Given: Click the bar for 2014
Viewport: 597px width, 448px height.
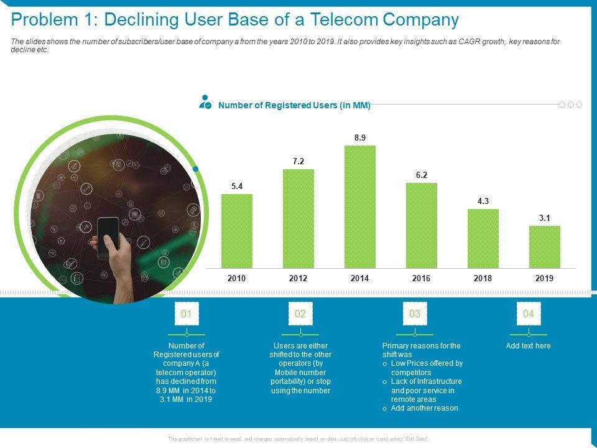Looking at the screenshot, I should pos(360,207).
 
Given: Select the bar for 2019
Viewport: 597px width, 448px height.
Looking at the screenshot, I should pos(544,246).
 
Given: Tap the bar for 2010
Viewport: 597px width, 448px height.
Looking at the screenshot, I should pos(237,231).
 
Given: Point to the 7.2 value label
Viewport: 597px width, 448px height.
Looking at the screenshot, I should pos(298,161).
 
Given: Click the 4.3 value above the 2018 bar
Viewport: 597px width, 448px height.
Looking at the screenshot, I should pos(483,201).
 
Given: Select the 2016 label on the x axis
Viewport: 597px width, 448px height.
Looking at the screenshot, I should pos(421,279).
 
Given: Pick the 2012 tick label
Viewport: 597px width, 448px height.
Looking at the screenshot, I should pos(298,279).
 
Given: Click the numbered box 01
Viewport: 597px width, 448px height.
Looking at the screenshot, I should pos(187,314).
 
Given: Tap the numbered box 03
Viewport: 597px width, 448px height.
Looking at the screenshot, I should pos(415,314).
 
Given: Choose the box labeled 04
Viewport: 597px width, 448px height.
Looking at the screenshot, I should pos(529,314).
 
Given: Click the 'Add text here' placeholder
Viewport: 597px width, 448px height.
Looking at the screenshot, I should pos(529,346).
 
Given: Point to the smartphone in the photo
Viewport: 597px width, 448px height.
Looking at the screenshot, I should pos(109,237).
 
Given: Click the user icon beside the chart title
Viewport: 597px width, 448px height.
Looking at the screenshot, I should pos(205,103).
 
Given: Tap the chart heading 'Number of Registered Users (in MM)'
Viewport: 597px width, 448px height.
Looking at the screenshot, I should pos(294,106).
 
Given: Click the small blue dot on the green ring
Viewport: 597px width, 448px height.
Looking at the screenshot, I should pos(196,169).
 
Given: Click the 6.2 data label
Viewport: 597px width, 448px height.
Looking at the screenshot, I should pos(422,175).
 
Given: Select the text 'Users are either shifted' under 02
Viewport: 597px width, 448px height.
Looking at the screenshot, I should pos(301,350).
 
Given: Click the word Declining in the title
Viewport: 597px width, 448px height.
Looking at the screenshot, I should pos(143,20).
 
